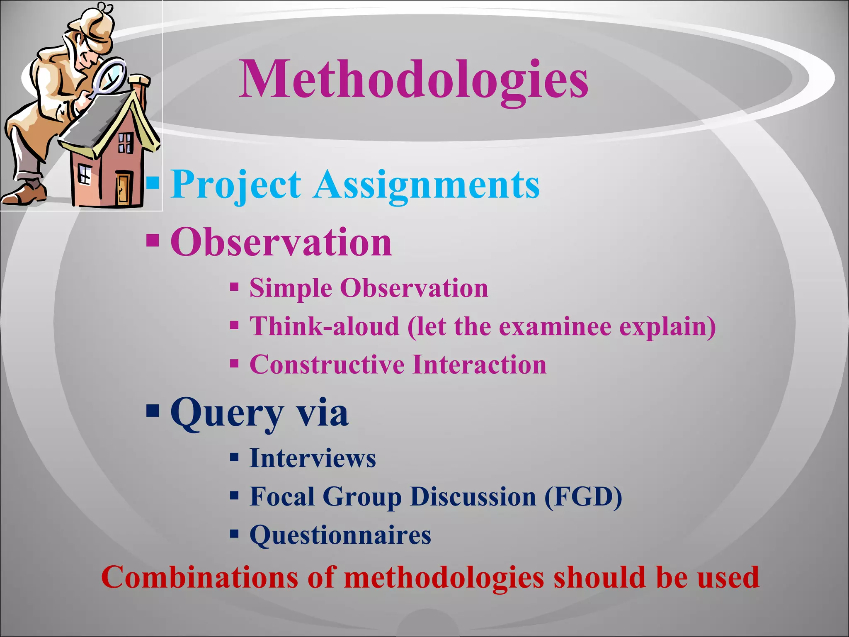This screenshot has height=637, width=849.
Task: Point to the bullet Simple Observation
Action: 369,288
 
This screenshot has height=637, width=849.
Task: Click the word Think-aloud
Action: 324,326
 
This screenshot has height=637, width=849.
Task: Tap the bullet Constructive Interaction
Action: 398,365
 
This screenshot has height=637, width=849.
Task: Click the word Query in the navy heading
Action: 227,413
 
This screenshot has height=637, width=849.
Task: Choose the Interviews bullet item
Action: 313,458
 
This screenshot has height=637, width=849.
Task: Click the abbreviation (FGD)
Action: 583,496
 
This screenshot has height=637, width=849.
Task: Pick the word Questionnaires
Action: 340,535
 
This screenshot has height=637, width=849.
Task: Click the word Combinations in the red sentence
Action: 199,577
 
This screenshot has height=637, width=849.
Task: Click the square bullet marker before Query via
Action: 153,411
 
